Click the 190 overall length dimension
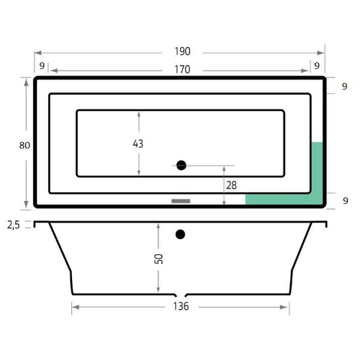point(182,51)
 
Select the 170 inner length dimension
point(182,69)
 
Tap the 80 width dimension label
point(25,145)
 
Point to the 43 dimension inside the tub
point(138,143)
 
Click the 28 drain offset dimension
point(231,185)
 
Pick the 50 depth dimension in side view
point(159,259)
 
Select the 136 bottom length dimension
point(181,306)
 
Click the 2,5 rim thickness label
point(13,225)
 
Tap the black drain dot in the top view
point(181,165)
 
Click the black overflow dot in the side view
point(180,234)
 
